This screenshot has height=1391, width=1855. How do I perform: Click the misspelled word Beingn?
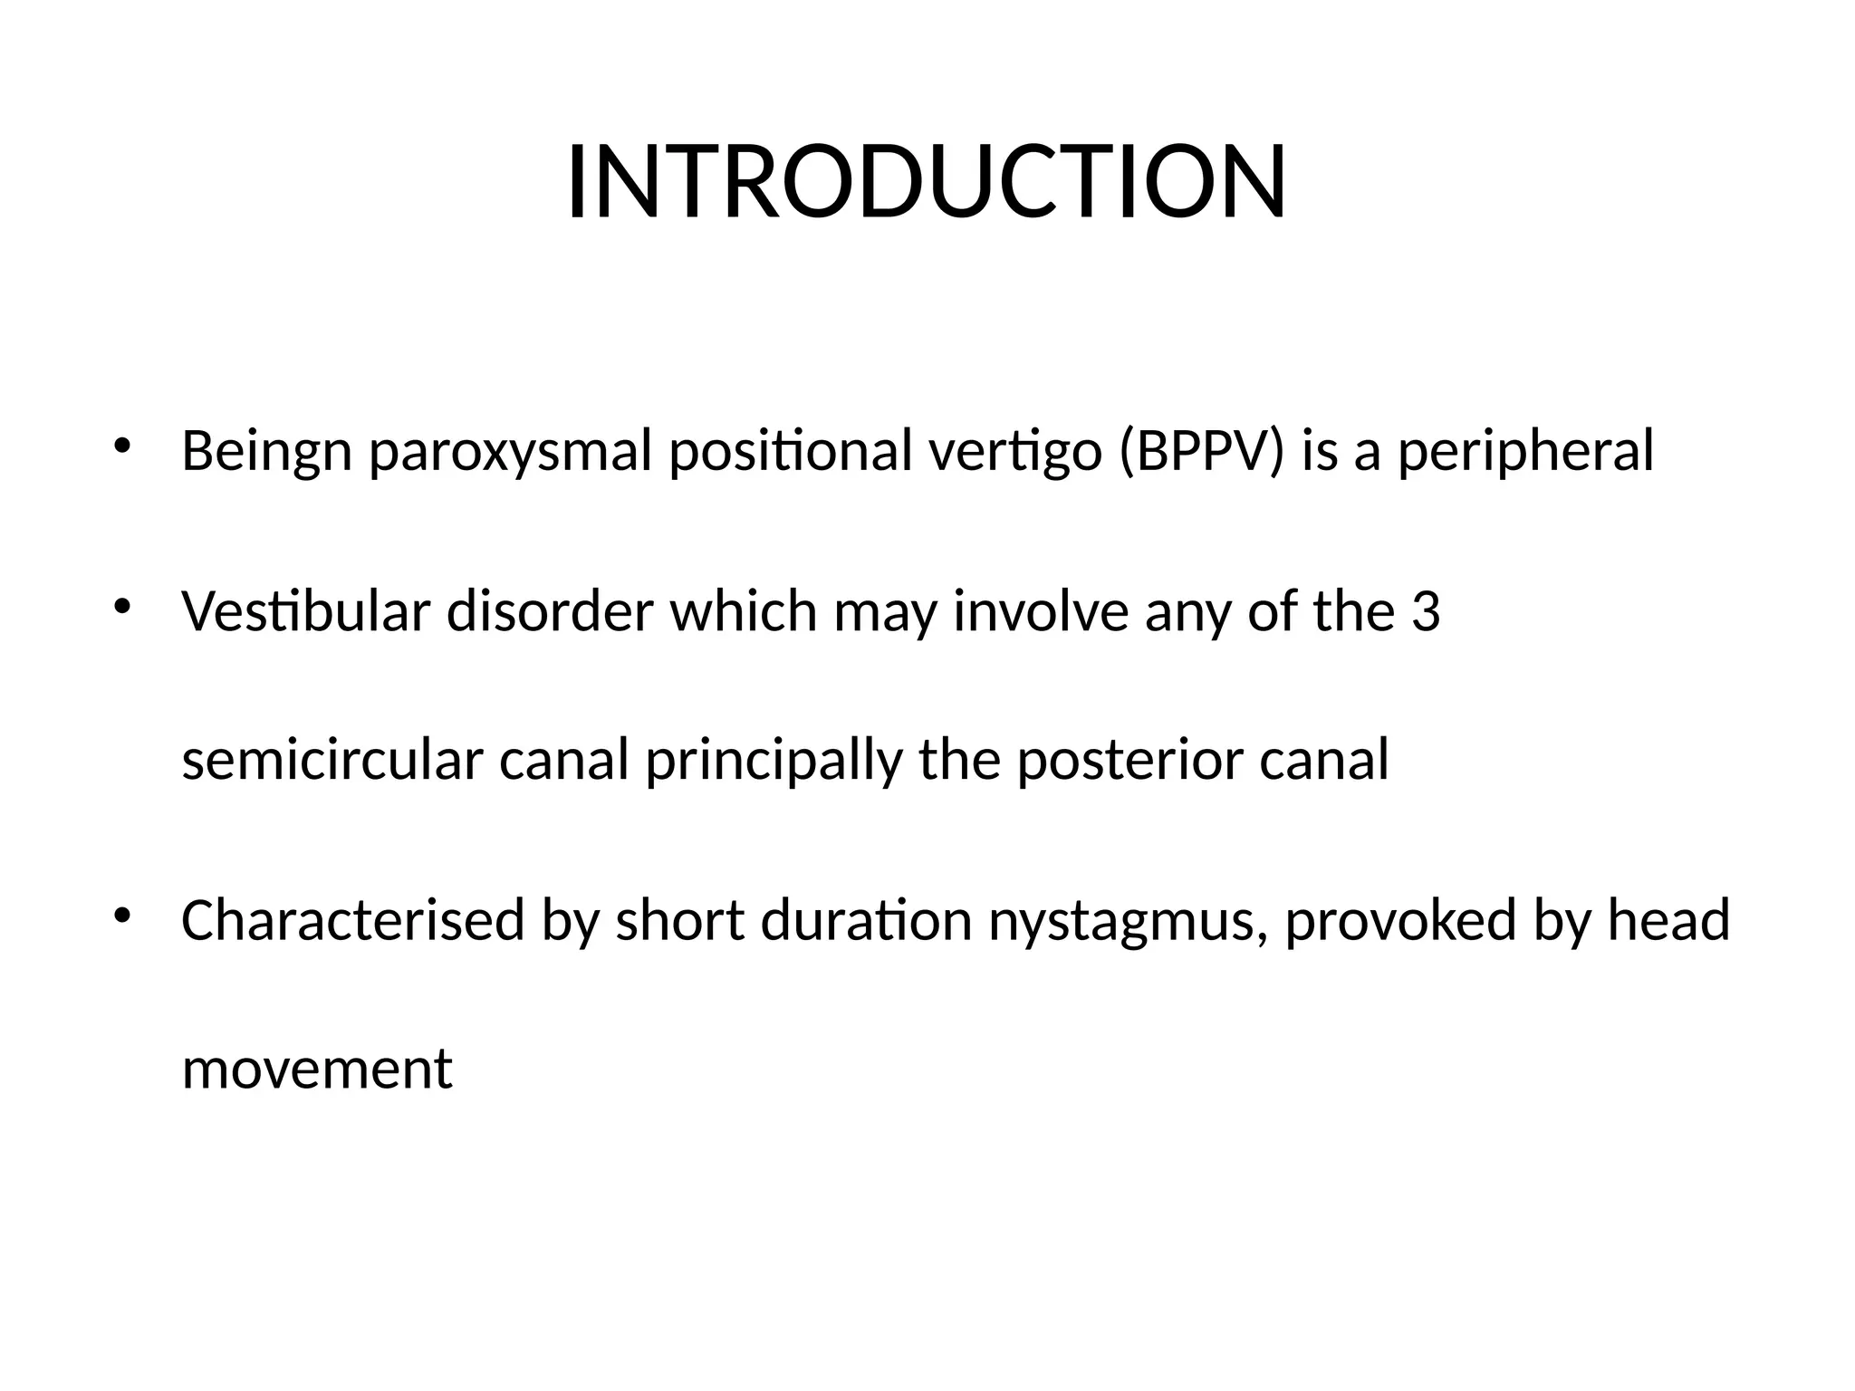[x=266, y=452]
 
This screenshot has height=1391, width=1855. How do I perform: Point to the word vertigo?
[x=1015, y=452]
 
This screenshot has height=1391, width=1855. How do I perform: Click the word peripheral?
[x=1525, y=452]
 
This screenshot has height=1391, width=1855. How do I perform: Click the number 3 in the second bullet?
[x=1426, y=611]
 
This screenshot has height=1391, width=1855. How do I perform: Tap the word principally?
[x=774, y=760]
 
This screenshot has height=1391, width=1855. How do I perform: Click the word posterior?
[x=1129, y=760]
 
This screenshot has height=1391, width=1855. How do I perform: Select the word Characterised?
[x=352, y=920]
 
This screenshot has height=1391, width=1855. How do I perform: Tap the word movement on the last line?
[x=316, y=1070]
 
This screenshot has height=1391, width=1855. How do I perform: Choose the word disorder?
[x=549, y=611]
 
